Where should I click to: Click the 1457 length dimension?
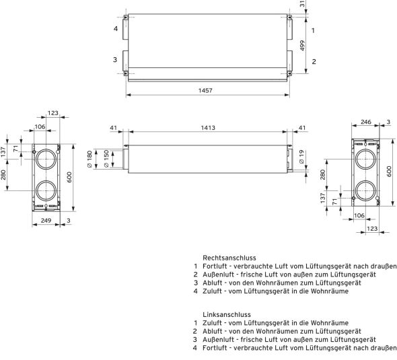pos(205,90)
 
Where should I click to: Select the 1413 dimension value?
pos(208,128)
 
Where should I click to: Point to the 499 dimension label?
pos(302,46)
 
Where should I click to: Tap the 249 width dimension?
pos(46,221)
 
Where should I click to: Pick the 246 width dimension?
pos(366,122)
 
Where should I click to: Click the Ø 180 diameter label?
pos(89,159)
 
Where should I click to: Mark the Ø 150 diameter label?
pos(106,159)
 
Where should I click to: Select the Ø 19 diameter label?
pos(301,157)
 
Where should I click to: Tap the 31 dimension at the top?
pos(302,3)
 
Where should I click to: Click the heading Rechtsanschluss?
pos(229,258)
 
